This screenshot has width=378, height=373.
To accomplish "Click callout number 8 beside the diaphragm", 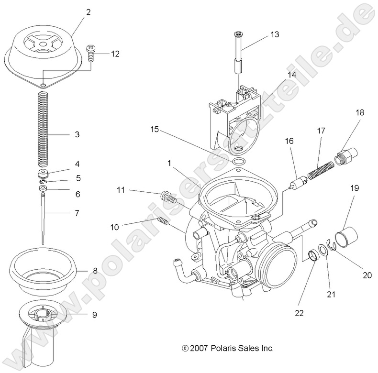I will point(95,271).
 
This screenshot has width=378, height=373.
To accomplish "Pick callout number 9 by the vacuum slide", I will point(94,315).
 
